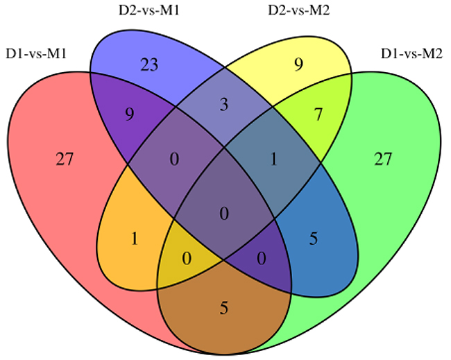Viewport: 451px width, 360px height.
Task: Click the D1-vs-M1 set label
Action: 36,54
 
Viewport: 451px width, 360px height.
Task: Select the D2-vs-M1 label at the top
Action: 149,10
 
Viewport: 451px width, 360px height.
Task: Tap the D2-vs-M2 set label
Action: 299,10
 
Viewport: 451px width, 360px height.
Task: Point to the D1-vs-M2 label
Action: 411,54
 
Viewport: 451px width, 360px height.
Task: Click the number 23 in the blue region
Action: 149,65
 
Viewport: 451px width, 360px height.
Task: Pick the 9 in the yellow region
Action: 299,65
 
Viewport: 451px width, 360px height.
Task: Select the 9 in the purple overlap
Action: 130,114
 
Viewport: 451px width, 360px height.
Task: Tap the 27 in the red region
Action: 65,159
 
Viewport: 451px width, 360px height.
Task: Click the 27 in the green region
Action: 383,159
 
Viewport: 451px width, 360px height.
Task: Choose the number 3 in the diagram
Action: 224,105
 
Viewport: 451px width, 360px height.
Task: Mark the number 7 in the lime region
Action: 318,114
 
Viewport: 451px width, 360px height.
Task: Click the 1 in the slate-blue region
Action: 273,159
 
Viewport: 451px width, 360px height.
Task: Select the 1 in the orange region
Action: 135,239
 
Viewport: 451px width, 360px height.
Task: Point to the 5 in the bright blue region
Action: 314,239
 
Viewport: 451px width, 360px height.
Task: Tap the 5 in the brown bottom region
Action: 224,308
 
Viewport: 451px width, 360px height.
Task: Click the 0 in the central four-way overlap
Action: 224,214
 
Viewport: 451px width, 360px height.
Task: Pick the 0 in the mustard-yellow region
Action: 187,258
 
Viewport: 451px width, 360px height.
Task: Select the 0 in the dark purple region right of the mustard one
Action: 262,258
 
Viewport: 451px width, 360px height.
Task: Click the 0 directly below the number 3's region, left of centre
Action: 174,159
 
